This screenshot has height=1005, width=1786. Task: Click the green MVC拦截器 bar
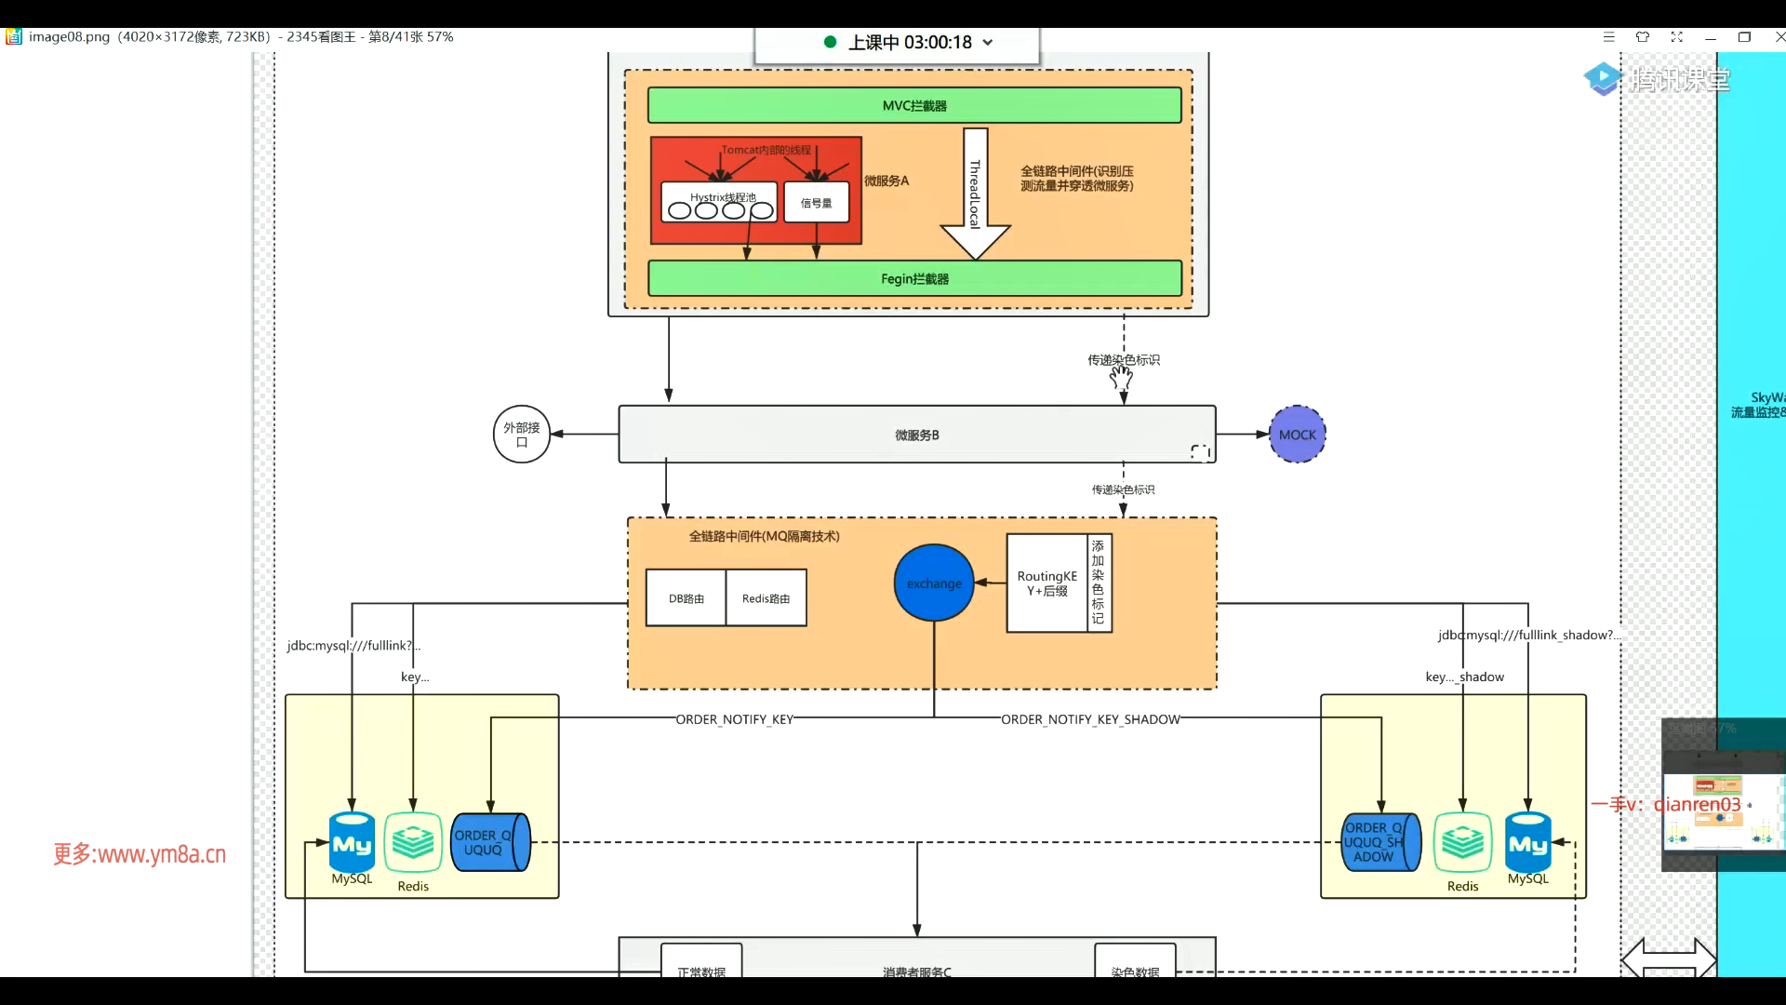914,105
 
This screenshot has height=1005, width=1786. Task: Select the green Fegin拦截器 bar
914,278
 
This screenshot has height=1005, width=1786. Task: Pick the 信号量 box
816,202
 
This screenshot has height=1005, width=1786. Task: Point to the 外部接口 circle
521,434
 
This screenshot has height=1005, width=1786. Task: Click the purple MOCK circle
1297,435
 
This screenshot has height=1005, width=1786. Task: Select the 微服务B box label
917,435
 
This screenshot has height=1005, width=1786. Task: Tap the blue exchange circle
934,583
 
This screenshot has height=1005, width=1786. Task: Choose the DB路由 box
686,598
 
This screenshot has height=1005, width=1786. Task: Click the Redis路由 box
766,598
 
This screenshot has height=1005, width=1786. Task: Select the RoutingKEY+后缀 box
1046,583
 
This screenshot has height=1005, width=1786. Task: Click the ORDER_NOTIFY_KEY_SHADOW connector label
1090,719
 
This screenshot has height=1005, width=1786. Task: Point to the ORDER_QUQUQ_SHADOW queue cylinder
1379,842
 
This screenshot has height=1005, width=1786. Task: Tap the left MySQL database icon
352,843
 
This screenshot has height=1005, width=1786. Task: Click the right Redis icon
1462,843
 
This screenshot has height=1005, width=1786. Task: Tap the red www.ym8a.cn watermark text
140,854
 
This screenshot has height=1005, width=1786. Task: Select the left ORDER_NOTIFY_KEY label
734,719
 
